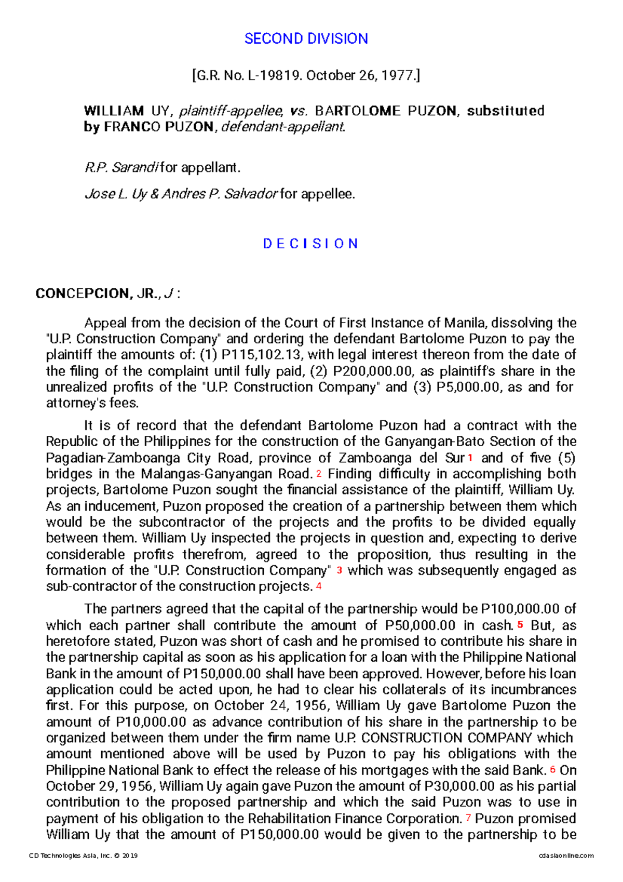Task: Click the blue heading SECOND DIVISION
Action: [306, 38]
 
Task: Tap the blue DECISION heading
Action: [310, 244]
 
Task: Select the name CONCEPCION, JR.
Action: [97, 294]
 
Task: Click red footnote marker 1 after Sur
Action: [470, 458]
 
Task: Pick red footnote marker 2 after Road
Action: [319, 474]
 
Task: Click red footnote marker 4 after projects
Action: [319, 586]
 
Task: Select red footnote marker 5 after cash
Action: [520, 625]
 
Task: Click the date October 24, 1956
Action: [270, 706]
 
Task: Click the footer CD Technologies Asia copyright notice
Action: [83, 855]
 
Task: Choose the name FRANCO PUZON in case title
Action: [158, 127]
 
